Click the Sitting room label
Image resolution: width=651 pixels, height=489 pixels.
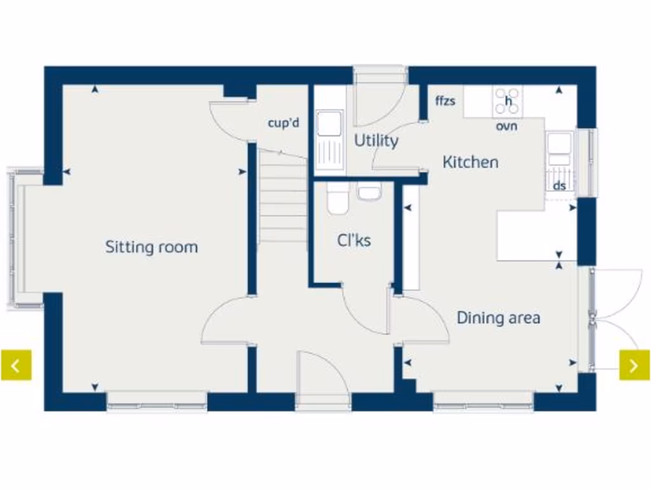pos(151,247)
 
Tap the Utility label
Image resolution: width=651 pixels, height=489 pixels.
pos(376,141)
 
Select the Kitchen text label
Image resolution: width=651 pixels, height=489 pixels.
pos(470,162)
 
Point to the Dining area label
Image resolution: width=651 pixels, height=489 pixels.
pos(498,318)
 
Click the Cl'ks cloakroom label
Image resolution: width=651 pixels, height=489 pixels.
pos(353,241)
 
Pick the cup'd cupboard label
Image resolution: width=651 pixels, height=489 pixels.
pos(284,123)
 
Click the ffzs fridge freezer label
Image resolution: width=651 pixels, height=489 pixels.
pos(445,101)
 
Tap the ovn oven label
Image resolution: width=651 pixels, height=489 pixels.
pos(507,126)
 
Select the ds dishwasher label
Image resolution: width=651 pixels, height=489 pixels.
pos(559,186)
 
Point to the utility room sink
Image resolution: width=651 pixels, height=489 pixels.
pos(330,142)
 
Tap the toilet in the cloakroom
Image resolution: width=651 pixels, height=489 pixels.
pos(338,199)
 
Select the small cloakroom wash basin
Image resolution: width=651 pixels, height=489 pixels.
pos(369,191)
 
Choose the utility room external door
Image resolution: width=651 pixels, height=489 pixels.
pos(379,99)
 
